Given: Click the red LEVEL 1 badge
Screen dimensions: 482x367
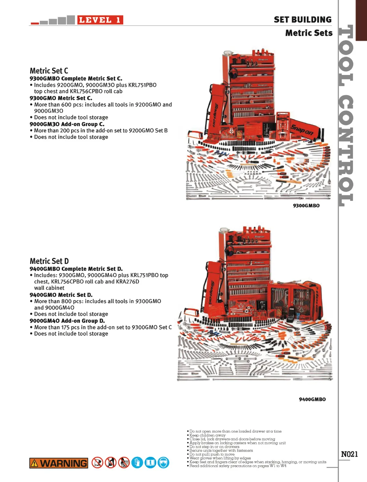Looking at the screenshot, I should (x=100, y=20).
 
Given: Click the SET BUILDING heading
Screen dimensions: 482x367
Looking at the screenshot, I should (x=302, y=20).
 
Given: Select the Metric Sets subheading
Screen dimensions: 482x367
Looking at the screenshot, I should (x=309, y=33).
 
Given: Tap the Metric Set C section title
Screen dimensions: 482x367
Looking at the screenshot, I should (x=49, y=71).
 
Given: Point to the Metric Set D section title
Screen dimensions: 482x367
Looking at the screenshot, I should (x=49, y=261).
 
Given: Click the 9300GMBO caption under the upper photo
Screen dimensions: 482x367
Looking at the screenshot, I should (x=306, y=205).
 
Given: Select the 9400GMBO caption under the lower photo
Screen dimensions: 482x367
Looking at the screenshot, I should (x=312, y=399).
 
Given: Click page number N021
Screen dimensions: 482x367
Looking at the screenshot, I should (x=349, y=454).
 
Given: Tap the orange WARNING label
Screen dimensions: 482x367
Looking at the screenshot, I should (x=59, y=463).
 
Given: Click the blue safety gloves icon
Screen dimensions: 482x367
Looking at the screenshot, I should (x=137, y=463).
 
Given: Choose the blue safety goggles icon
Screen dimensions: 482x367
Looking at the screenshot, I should (x=163, y=463).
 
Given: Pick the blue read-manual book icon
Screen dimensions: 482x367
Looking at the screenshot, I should (x=150, y=463).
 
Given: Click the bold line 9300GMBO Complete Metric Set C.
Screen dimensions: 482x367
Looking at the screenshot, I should (x=76, y=79).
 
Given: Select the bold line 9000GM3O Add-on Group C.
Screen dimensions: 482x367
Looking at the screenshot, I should (x=67, y=124).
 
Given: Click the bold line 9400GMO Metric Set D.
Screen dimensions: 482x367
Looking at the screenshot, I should (x=61, y=295).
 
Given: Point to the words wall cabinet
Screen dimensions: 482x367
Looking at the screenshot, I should (x=49, y=288).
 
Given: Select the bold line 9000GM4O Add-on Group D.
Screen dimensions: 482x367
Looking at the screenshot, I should (x=67, y=321).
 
